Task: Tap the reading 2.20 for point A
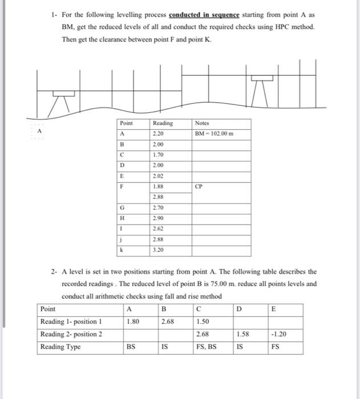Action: (158, 134)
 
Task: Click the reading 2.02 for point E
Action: (158, 176)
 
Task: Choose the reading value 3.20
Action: (158, 250)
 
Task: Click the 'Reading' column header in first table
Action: (163, 123)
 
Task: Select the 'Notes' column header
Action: (202, 123)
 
